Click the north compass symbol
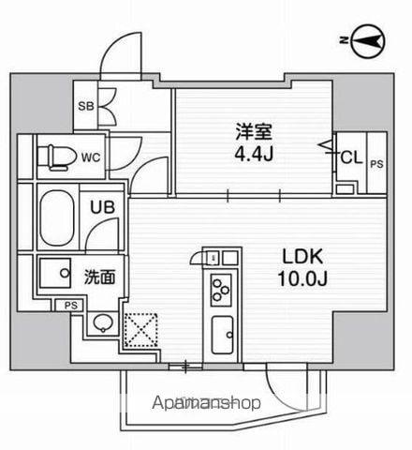pos(368,40)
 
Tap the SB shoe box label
pos(86,106)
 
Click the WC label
pos(91,157)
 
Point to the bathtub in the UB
pos(57,217)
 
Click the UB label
pos(102,207)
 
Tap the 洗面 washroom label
pos(99,277)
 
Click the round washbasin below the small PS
pos(103,322)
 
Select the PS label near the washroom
pos(71,306)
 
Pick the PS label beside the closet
pos(376,164)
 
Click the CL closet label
pos(351,157)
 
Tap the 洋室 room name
pos(254,132)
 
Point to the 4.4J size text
pos(255,153)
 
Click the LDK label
pos(302,257)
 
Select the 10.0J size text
pos(302,278)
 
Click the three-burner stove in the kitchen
pos(221,290)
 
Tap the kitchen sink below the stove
pos(222,335)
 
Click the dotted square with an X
pos(140,330)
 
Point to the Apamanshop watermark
pos(206,403)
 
